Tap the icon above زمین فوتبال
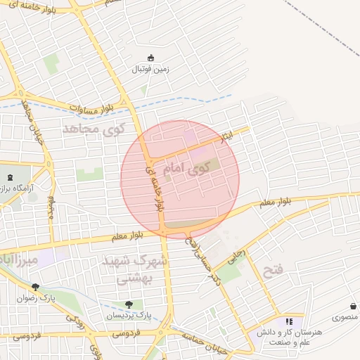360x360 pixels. [150, 58]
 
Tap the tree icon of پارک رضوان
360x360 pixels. [35, 286]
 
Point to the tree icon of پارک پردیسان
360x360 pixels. [128, 304]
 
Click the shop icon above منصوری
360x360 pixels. [352, 307]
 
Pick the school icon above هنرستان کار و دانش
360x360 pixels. [288, 321]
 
